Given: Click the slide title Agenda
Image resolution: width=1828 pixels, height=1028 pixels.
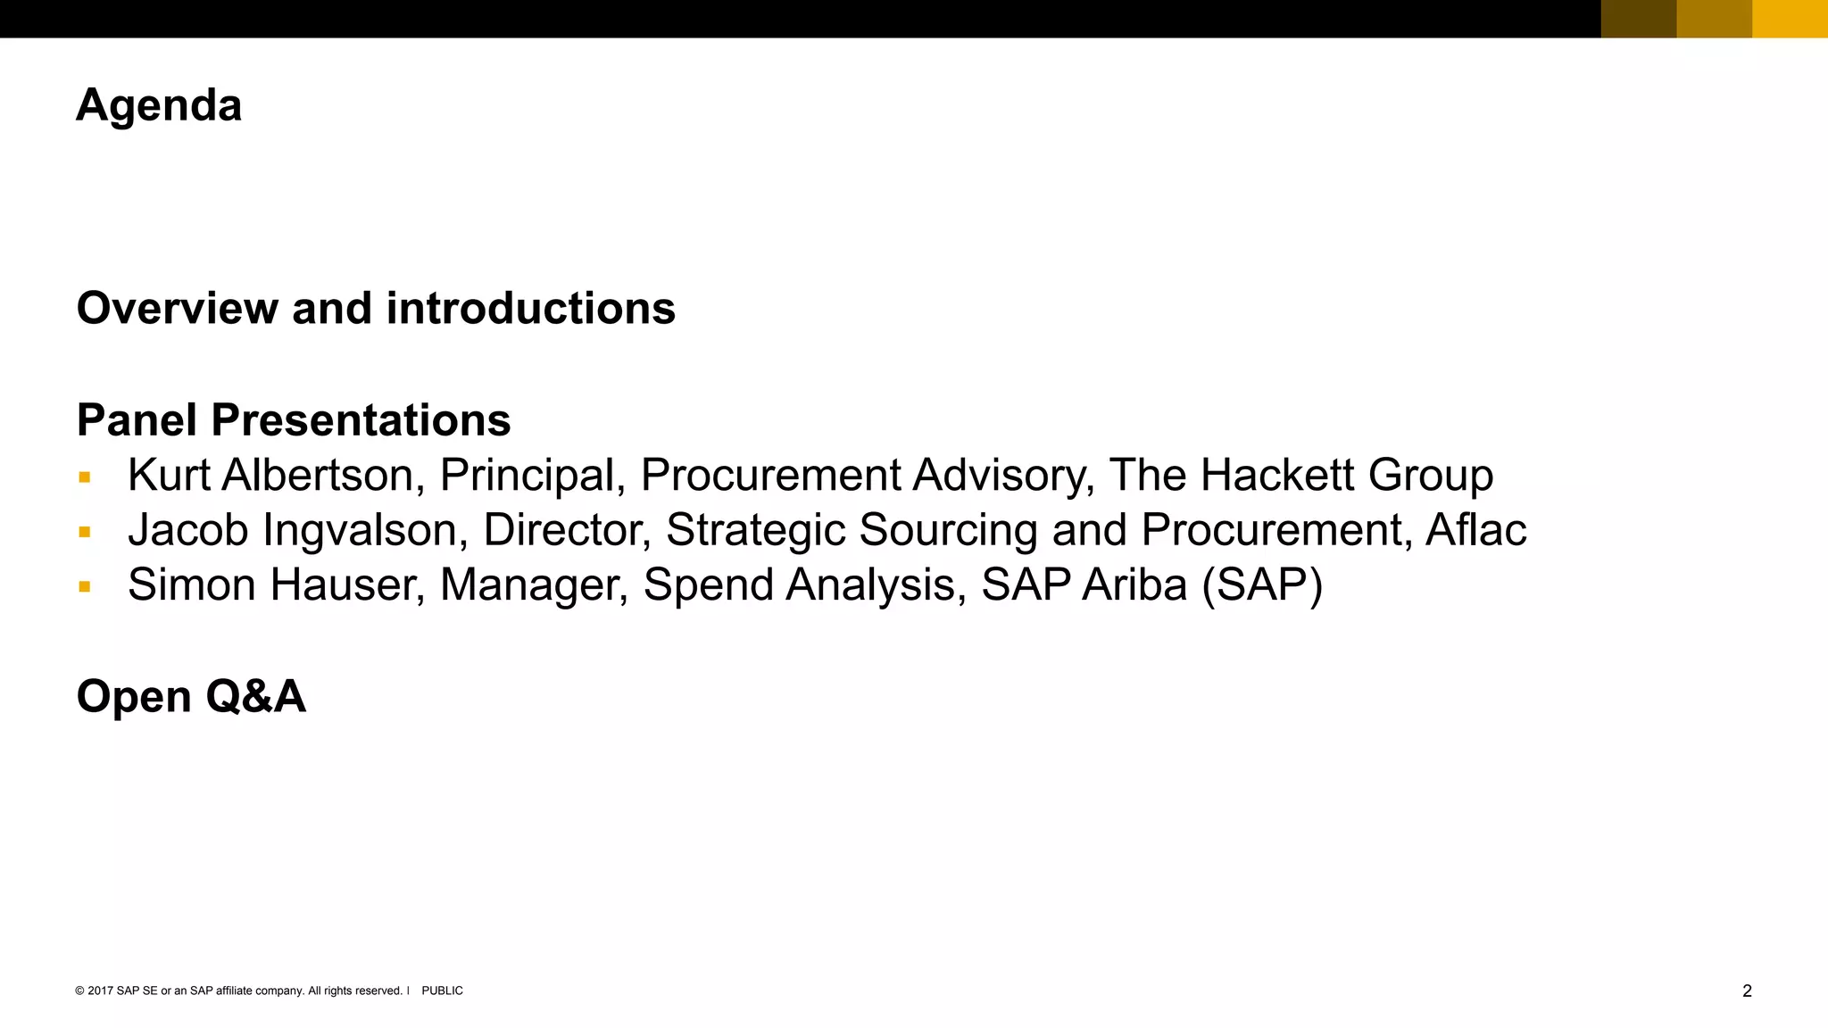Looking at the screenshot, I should [159, 106].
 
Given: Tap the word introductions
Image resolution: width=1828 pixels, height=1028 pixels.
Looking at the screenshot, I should [530, 309].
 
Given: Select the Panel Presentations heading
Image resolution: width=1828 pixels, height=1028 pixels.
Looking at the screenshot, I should [294, 420].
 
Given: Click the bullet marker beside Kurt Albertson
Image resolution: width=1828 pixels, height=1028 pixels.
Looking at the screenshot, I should [85, 477].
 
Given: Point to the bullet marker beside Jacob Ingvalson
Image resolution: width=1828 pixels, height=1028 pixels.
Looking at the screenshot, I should [85, 533].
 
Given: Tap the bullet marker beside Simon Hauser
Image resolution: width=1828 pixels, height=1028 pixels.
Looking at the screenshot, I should [85, 587].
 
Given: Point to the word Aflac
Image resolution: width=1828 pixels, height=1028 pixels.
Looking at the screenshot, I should [1475, 530].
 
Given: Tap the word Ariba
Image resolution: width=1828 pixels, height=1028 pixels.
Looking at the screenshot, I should [1134, 585].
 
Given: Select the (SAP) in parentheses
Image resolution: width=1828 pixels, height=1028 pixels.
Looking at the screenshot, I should [1262, 586].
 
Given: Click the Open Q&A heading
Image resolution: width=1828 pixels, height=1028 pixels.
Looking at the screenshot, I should [191, 696].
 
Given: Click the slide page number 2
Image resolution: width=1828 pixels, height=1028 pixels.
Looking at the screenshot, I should [1747, 991].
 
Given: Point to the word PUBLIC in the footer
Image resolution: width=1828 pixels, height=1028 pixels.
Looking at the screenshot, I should [442, 991].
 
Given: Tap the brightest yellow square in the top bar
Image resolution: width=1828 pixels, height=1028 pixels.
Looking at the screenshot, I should [1790, 19].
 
